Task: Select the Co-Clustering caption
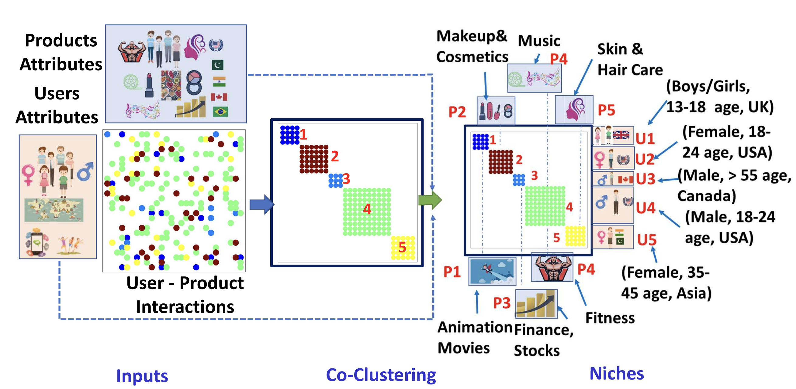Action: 381,375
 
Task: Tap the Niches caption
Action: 617,373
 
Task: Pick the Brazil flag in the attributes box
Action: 220,111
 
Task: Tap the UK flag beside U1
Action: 621,135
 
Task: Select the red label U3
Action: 645,179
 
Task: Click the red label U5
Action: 647,240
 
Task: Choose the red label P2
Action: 457,112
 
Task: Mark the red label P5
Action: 606,110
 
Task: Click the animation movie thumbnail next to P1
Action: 492,271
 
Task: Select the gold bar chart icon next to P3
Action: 536,303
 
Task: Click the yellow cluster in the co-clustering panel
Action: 403,248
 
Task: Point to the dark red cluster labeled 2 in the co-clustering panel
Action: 314,159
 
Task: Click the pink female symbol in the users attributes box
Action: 28,174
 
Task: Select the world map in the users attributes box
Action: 54,210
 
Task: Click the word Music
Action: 539,41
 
